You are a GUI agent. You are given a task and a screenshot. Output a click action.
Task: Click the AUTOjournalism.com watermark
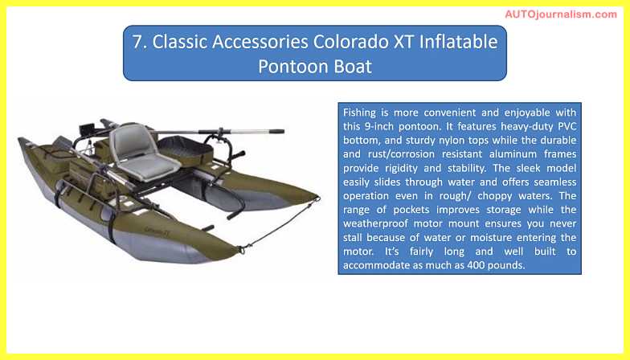point(561,14)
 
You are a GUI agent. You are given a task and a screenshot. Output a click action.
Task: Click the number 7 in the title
point(138,42)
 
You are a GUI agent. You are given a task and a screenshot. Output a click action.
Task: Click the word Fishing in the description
point(359,112)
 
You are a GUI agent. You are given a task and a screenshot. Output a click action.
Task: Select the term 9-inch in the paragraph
point(379,127)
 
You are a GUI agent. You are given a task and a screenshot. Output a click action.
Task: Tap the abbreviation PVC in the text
point(567,127)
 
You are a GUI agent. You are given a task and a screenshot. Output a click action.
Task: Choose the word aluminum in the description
point(513,154)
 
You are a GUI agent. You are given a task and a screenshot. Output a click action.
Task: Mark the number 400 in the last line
point(476,265)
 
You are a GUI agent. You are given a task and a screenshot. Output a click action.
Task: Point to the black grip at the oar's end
point(276,131)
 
